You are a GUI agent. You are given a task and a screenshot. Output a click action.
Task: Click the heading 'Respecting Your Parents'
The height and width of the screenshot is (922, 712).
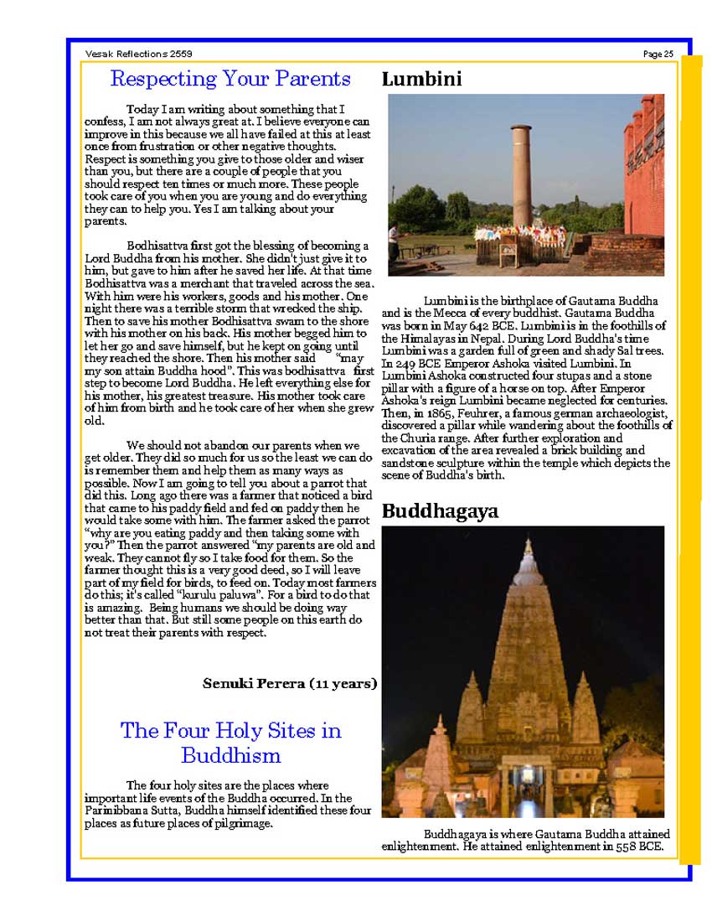230,80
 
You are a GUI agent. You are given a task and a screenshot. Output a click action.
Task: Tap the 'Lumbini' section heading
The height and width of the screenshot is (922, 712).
422,80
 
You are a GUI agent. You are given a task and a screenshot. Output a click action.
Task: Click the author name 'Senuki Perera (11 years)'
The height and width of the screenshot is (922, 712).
290,684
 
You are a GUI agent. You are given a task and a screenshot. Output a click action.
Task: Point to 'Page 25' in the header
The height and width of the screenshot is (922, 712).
658,54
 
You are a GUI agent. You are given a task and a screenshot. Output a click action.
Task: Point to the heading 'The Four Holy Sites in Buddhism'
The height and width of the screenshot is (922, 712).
230,743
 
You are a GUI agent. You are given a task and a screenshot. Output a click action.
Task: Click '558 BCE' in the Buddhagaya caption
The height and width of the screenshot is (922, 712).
635,847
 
